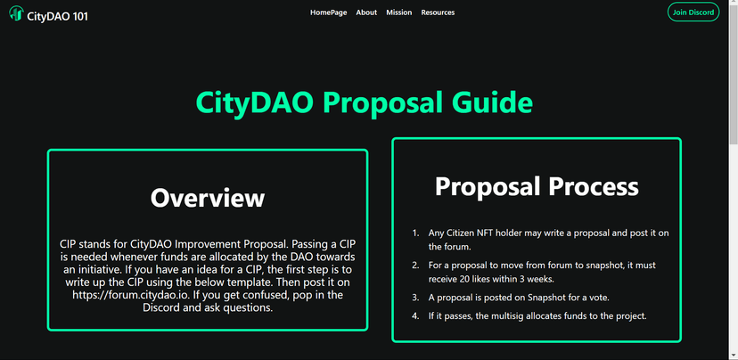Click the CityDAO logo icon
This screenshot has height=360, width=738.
click(16, 13)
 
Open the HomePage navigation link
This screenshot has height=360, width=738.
click(329, 12)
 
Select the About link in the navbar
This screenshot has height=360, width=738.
click(366, 12)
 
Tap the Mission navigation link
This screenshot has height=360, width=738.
click(399, 12)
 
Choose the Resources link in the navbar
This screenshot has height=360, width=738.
click(438, 12)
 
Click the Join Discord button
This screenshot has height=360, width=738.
click(693, 12)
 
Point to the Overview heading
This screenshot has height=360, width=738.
click(208, 198)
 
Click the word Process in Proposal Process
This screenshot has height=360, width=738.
click(593, 186)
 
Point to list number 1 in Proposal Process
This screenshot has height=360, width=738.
click(415, 233)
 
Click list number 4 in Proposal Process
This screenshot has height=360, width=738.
click(415, 315)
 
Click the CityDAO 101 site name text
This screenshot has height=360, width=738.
click(57, 16)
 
